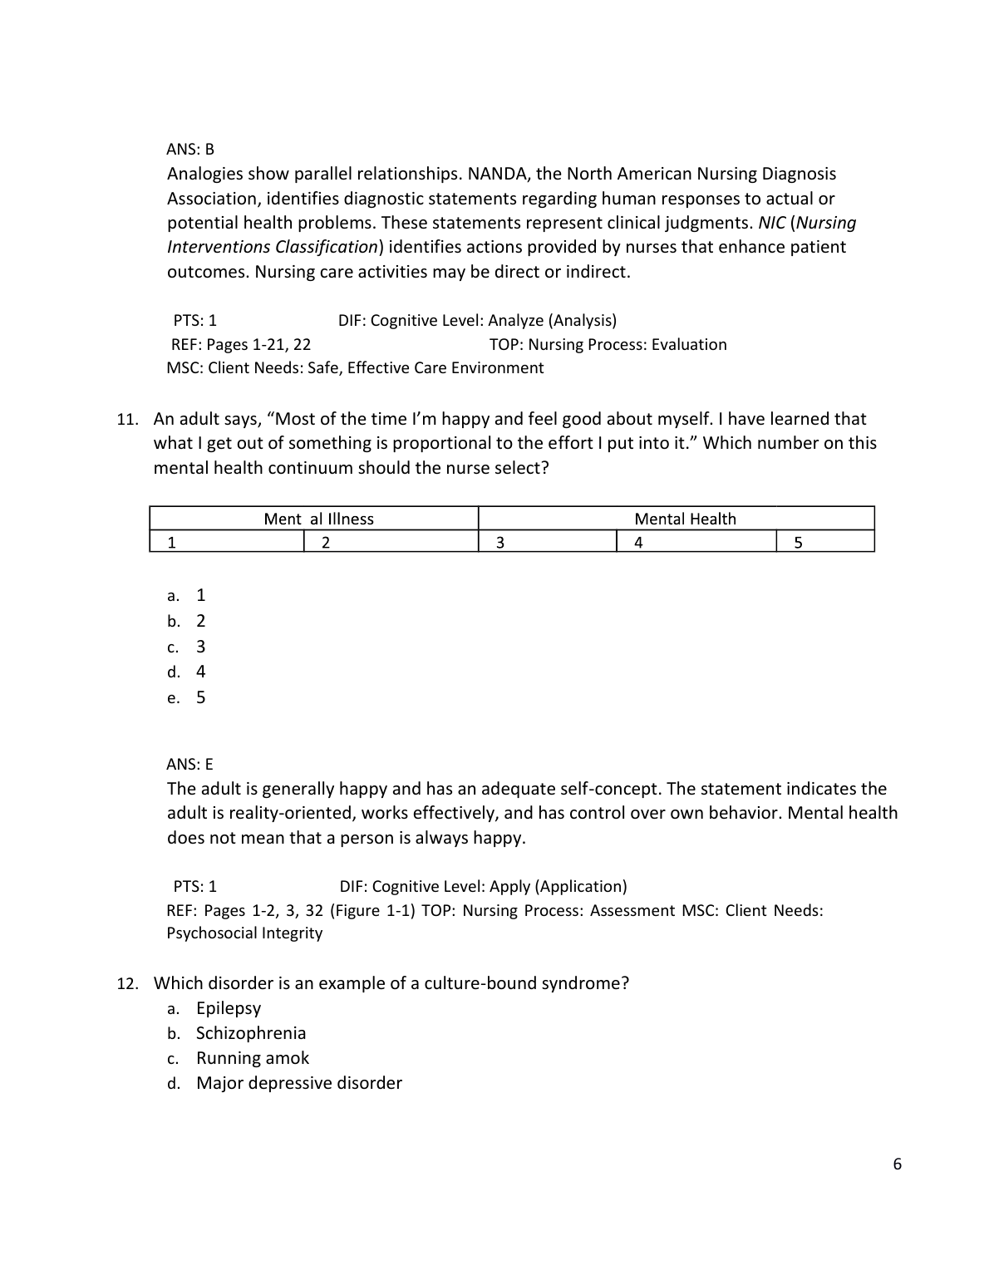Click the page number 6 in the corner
point(897,1164)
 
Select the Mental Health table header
point(685,519)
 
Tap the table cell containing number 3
point(548,543)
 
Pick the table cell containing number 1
point(227,543)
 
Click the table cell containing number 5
point(825,543)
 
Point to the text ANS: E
point(190,764)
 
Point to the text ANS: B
point(190,149)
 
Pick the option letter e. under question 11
point(174,698)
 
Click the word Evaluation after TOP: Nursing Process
point(688,344)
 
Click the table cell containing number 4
point(696,543)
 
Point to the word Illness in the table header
point(351,519)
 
